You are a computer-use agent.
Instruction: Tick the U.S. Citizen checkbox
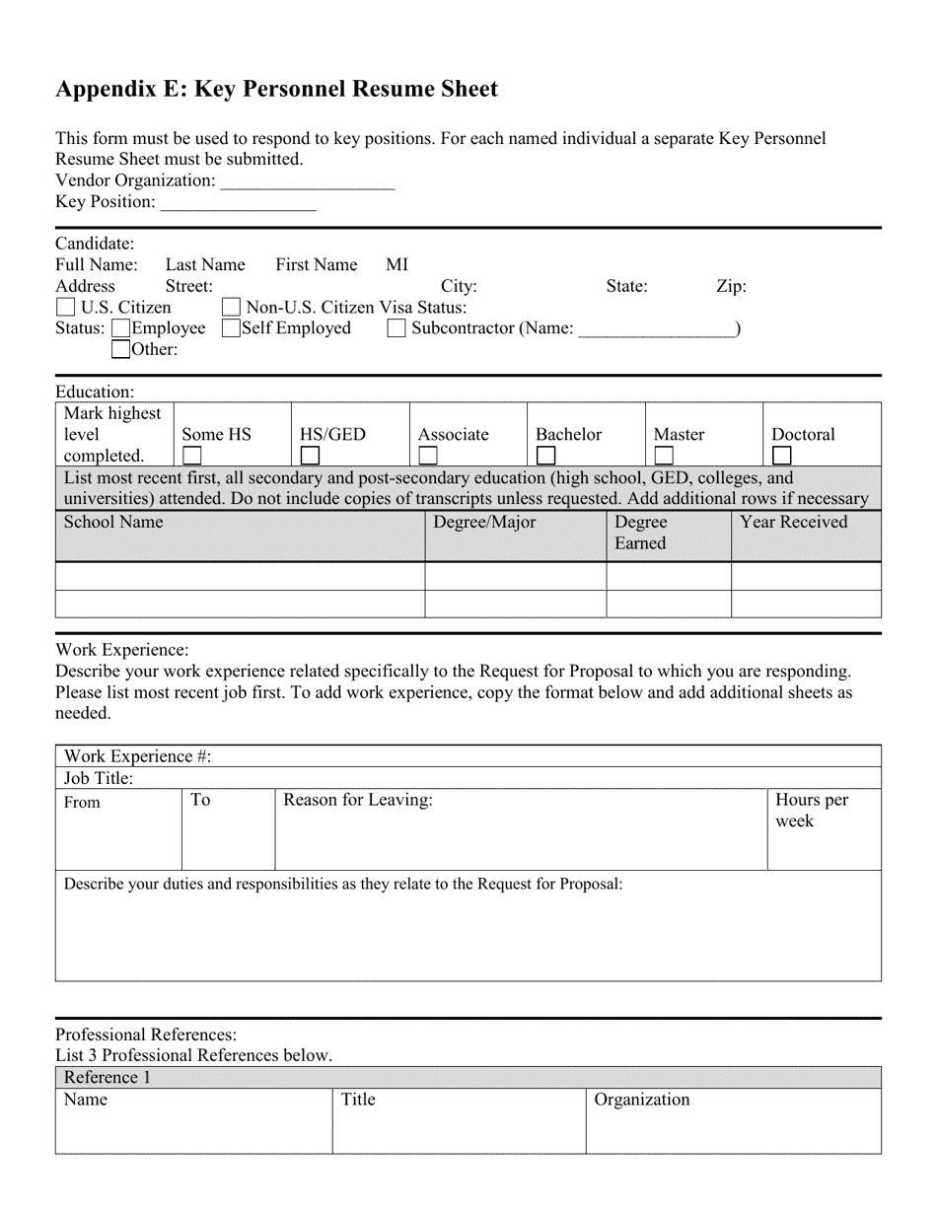click(x=66, y=308)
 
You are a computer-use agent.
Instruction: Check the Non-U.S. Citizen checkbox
click(x=232, y=308)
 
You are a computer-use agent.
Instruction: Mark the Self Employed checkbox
click(x=231, y=328)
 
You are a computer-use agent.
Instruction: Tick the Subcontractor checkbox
click(x=396, y=328)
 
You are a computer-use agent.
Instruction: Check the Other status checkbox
click(x=120, y=349)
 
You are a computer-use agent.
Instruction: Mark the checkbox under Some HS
click(x=192, y=456)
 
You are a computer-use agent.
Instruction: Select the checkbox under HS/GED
click(x=310, y=456)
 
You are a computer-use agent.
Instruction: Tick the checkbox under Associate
click(x=428, y=456)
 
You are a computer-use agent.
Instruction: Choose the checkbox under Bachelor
click(x=545, y=456)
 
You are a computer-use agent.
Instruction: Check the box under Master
click(x=664, y=456)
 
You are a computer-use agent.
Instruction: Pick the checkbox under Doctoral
click(x=781, y=456)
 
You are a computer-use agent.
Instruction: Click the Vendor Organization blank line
click(x=307, y=182)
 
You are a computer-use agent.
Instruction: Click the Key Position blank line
click(x=237, y=203)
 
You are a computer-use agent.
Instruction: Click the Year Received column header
click(x=793, y=523)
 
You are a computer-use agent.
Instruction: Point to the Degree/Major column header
click(x=484, y=523)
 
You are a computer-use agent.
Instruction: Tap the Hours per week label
click(x=811, y=811)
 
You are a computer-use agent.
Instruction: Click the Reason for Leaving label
click(x=358, y=800)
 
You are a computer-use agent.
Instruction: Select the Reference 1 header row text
click(x=108, y=1077)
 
